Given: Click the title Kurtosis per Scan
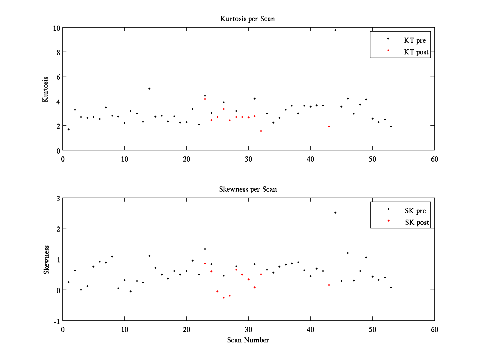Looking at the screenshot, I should [248, 19].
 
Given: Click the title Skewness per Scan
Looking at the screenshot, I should [248, 189].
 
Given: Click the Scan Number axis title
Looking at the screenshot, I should [248, 340].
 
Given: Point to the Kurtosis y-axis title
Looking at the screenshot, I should [46, 89].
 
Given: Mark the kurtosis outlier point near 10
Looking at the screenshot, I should [335, 30].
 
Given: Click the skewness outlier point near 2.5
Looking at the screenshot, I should [335, 212].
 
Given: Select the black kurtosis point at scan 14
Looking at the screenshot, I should [149, 88].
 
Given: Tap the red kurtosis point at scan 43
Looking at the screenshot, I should [329, 126].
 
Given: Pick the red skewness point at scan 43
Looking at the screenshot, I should [329, 285].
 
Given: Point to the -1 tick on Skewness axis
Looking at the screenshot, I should [56, 321].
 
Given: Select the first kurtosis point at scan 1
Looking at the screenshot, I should [68, 129].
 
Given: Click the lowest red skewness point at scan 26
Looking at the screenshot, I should [224, 298].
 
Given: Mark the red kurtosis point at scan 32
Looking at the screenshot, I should [261, 131].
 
